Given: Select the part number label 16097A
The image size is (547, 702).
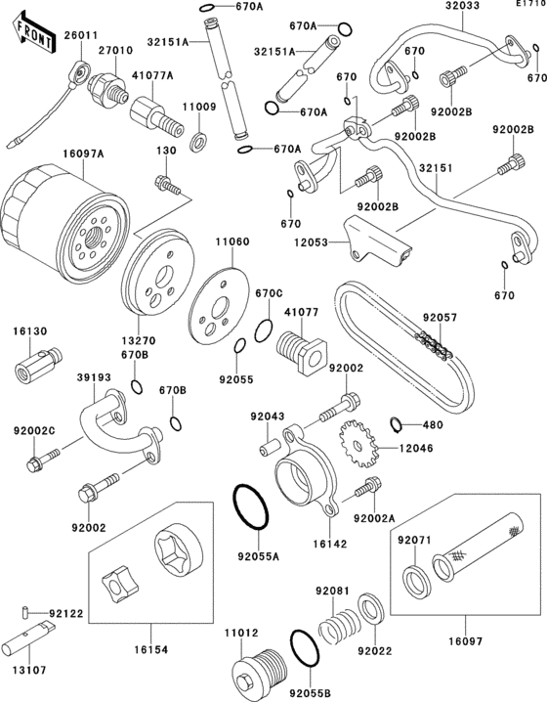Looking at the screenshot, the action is [83, 154].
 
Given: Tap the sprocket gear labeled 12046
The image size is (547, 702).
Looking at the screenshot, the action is [358, 444].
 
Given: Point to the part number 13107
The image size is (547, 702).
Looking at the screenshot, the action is [29, 670].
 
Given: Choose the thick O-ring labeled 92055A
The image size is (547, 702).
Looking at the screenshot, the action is [250, 507].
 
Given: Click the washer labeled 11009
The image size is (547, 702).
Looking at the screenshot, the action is [199, 140].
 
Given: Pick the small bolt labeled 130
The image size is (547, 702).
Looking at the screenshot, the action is [168, 185].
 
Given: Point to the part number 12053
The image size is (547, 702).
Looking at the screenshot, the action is [311, 242].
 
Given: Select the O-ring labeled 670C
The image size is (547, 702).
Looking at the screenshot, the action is [264, 330].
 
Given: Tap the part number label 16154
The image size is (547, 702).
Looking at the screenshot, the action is [150, 649].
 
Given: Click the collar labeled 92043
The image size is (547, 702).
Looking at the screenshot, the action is [271, 448].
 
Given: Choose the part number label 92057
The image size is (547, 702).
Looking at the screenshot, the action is [441, 318].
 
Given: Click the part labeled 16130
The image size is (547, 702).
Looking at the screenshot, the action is [39, 362].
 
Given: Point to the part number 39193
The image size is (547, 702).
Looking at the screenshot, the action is [94, 377].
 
